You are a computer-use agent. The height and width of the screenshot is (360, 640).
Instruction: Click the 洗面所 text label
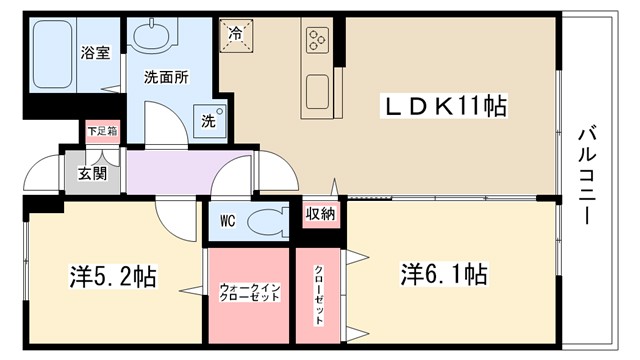point(165,76)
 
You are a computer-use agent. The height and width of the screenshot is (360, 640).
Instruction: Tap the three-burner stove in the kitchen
point(319,40)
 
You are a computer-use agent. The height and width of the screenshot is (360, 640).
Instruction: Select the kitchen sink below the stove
point(319,93)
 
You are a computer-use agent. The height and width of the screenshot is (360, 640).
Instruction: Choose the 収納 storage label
point(320,213)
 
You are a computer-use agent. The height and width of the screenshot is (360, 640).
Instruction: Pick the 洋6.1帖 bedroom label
point(445,272)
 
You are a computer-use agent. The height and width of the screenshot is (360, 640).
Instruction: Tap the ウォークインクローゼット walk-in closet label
point(250,295)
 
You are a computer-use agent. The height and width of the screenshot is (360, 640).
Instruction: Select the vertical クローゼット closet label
point(319,295)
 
